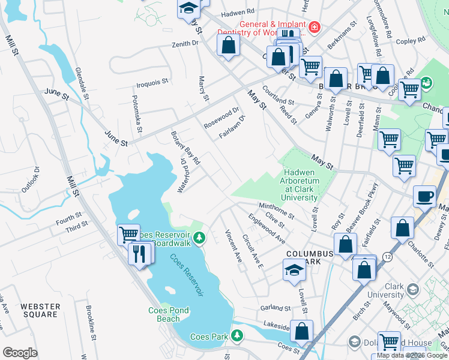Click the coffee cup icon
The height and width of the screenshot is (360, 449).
pos(425,197)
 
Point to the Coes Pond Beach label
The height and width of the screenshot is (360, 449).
pos(169,314)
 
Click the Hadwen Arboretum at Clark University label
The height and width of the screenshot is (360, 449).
pos(300,185)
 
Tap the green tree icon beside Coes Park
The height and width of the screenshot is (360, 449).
pos(238,335)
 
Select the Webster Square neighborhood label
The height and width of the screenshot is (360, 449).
pos(40,310)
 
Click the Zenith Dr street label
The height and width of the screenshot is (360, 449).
pos(185,44)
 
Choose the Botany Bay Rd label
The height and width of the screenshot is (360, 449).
pos(185,148)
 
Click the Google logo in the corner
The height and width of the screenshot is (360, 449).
pos(20,353)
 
